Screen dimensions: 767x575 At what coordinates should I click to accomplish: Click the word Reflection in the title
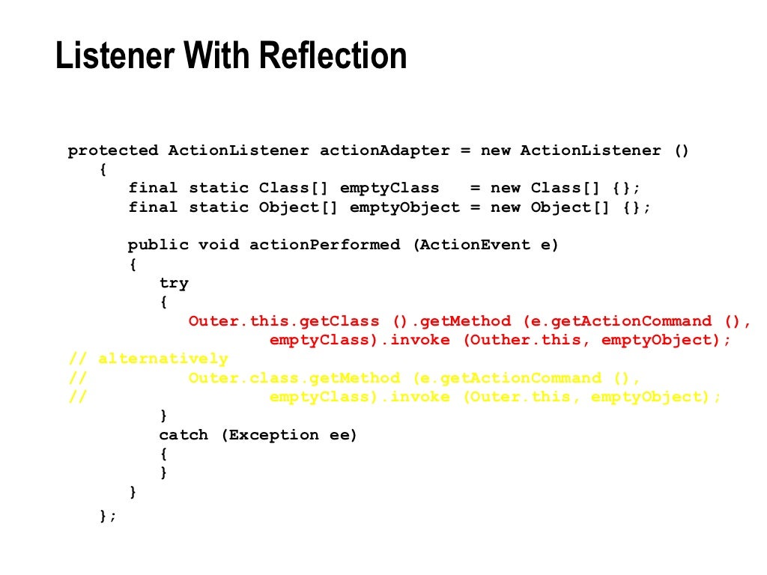333,57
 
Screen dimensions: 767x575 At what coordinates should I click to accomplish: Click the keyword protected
112,150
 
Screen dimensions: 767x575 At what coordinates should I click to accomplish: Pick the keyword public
158,245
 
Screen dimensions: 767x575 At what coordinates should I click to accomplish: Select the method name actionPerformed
324,245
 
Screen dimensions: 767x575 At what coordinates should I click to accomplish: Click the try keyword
174,283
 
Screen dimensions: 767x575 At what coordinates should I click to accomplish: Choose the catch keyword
184,435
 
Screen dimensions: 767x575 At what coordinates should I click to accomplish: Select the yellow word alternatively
163,359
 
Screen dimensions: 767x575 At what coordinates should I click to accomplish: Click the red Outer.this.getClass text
284,321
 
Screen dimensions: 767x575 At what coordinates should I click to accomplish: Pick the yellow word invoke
420,397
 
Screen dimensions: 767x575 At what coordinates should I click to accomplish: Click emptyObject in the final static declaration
404,207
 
